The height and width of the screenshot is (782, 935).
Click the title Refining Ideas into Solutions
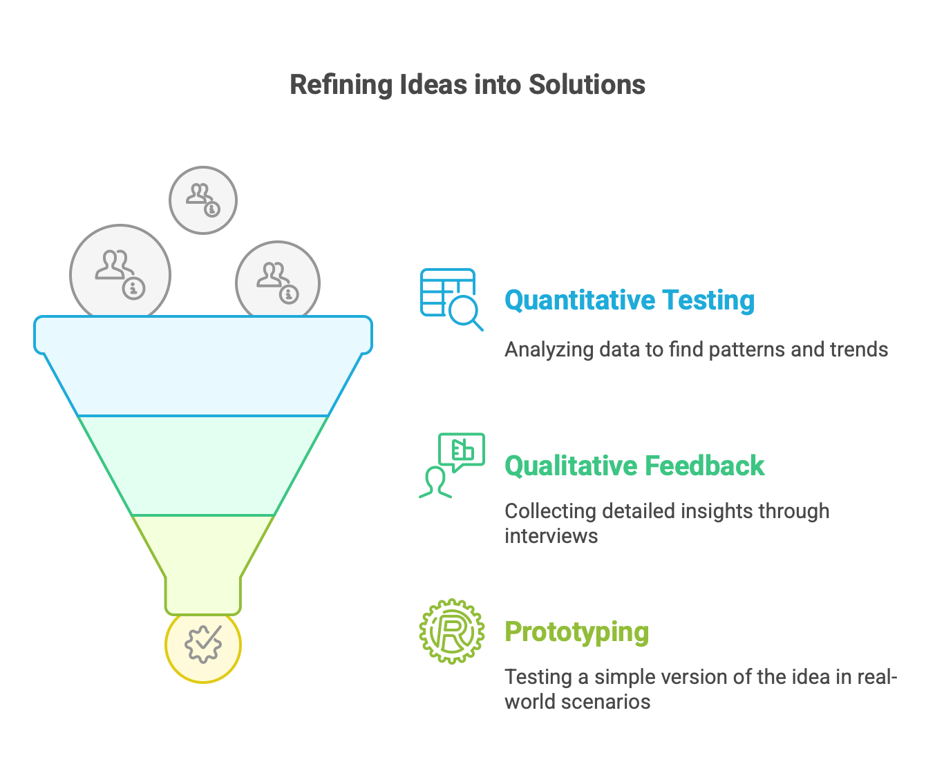(467, 85)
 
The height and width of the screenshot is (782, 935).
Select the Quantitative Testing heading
(629, 301)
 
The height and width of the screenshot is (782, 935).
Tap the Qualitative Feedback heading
(634, 466)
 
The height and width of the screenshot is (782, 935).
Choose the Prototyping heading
(576, 632)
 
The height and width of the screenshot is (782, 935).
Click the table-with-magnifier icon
(451, 298)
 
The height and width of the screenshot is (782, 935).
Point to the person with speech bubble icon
(452, 465)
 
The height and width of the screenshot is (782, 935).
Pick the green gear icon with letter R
(452, 631)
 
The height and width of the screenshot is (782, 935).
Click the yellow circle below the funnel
(203, 646)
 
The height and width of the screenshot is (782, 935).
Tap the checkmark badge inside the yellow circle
(203, 643)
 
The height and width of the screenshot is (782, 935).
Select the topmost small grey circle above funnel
(203, 200)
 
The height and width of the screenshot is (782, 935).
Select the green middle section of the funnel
(203, 465)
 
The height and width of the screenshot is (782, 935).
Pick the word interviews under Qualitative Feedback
(551, 536)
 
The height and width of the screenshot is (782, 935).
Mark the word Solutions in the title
(587, 85)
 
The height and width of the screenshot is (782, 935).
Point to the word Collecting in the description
(550, 511)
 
